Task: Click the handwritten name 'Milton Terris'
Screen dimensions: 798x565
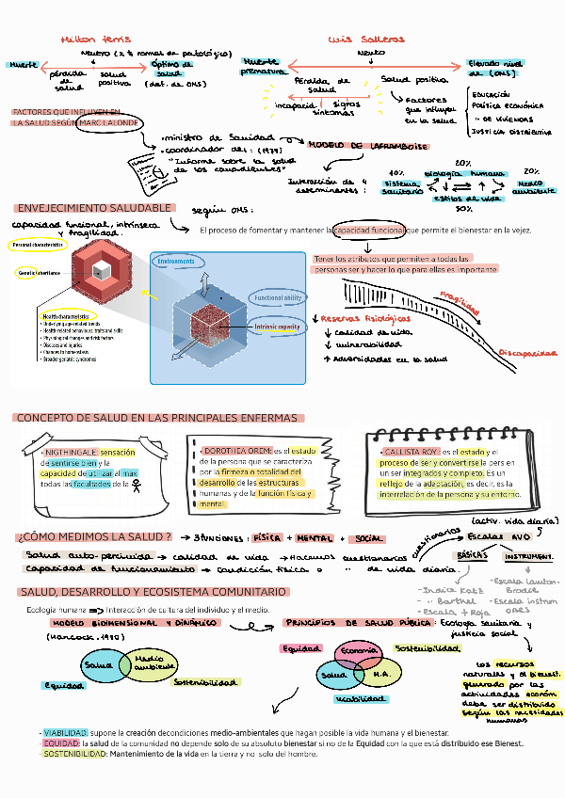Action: (x=95, y=40)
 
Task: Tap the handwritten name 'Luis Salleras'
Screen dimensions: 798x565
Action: (x=366, y=40)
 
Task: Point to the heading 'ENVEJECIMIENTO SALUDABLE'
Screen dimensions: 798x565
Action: (x=94, y=208)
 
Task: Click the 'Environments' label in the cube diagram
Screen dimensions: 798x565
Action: (x=176, y=261)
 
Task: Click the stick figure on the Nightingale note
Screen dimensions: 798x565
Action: (x=137, y=486)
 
